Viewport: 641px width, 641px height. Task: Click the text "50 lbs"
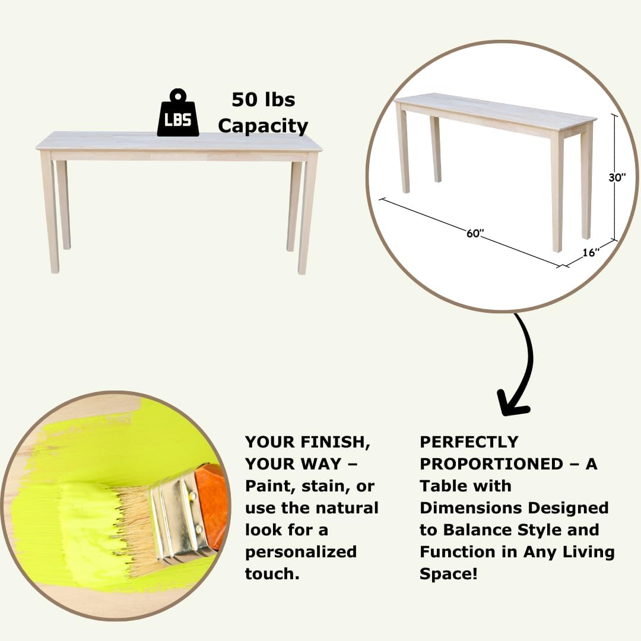263,99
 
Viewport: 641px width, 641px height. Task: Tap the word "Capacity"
263,126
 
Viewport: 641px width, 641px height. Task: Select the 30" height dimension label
617,177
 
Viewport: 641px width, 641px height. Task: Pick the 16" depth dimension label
591,252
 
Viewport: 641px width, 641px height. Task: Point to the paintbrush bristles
134,528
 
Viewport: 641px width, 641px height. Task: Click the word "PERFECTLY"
469,442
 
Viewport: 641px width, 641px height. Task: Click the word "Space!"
449,574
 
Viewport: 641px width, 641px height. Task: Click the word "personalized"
301,552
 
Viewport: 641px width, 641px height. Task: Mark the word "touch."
272,574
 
